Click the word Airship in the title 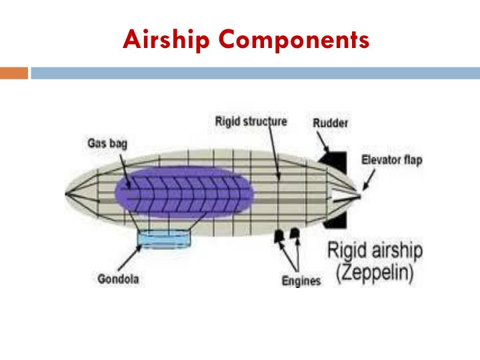click(167, 40)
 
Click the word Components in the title click(294, 40)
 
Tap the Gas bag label click(108, 143)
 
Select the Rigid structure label click(251, 121)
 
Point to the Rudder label click(331, 123)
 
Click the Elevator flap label click(391, 160)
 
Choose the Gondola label click(118, 279)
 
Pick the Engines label click(301, 281)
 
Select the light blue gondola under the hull click(163, 238)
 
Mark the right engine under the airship click(294, 235)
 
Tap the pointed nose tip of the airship click(67, 194)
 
